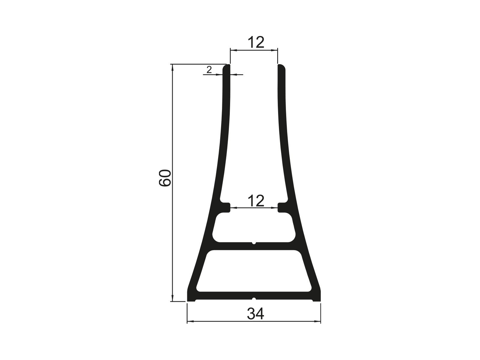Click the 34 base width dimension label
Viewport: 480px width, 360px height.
click(256, 314)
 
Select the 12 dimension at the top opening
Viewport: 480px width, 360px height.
click(256, 43)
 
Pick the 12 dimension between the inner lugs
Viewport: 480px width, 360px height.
click(256, 201)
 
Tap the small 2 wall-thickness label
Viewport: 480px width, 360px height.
click(209, 70)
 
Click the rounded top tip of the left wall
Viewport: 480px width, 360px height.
click(226, 67)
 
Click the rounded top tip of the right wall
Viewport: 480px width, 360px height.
click(282, 67)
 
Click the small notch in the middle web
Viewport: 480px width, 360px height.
click(254, 243)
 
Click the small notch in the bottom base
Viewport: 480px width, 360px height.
click(254, 299)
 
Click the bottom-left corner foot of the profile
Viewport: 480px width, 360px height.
click(191, 297)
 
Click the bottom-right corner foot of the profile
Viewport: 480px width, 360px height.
click(317, 297)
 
